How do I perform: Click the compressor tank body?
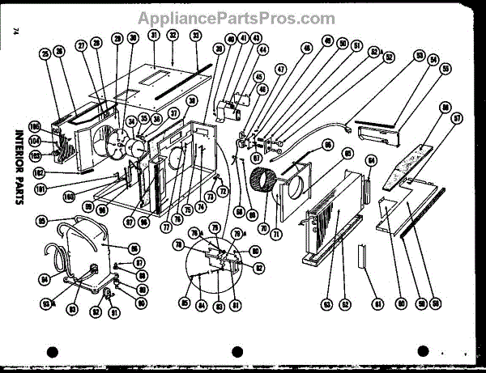[x=86, y=246]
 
